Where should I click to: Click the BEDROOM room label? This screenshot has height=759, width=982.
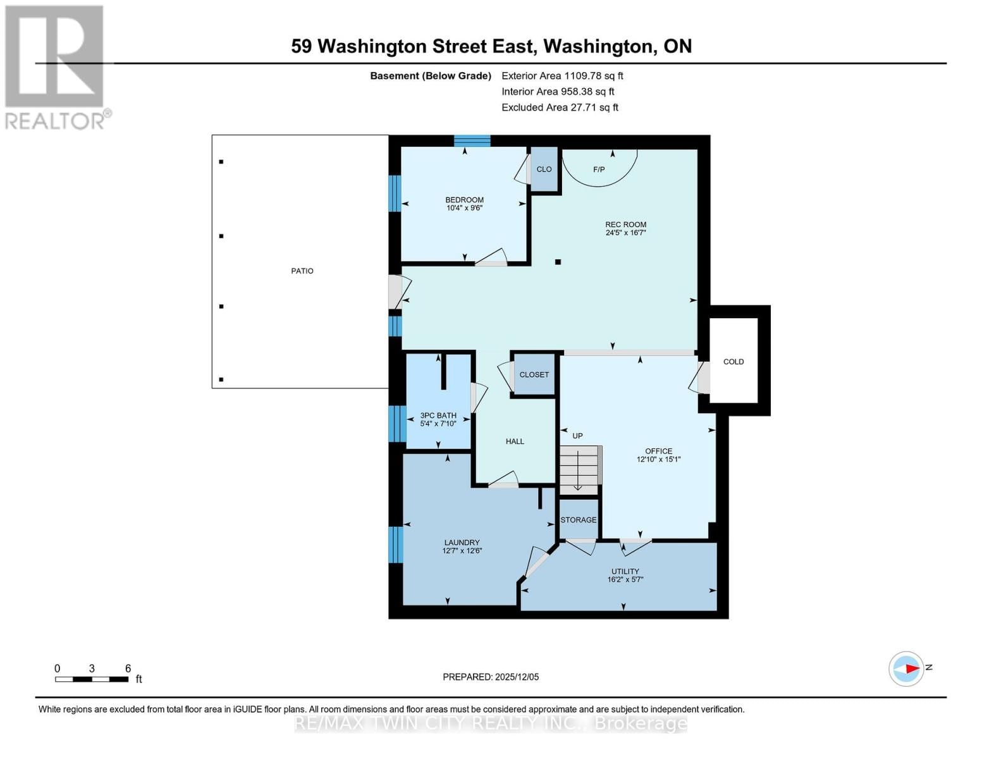464,200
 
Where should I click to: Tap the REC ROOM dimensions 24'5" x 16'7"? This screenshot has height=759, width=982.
625,233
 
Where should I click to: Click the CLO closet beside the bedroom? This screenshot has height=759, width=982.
544,170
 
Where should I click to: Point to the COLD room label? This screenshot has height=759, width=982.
733,362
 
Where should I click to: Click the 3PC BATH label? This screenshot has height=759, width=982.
438,416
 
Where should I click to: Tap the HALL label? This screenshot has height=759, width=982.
515,441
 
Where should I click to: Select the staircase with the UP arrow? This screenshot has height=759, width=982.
579,469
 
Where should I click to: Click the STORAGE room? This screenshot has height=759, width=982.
578,520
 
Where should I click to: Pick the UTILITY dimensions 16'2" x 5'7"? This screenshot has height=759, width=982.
625,579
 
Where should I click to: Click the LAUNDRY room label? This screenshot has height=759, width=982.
462,543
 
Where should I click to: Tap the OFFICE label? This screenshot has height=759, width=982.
658,451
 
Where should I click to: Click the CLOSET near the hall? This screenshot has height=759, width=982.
534,374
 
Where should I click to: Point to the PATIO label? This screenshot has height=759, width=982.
302,271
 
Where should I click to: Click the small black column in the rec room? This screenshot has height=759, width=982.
558,262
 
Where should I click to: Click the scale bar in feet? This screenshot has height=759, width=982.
92,679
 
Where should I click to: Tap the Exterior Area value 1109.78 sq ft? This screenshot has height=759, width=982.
593,76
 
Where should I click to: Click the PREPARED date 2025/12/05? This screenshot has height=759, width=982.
491,677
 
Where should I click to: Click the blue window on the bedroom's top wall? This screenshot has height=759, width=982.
472,140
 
